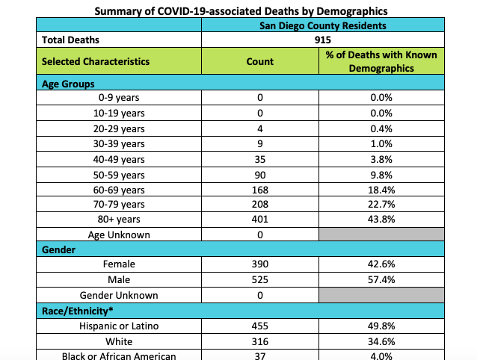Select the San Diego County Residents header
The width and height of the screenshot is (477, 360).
(323, 25)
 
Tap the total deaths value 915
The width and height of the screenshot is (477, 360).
(323, 40)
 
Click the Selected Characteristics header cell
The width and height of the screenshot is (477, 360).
(96, 61)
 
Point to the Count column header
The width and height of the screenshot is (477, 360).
(259, 61)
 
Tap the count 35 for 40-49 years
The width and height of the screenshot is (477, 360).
(259, 158)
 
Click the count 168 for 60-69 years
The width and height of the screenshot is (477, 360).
(259, 189)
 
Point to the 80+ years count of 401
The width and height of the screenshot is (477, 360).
(259, 220)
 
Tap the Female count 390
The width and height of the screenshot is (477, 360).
(259, 264)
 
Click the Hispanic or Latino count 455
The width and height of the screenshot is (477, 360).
(259, 326)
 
